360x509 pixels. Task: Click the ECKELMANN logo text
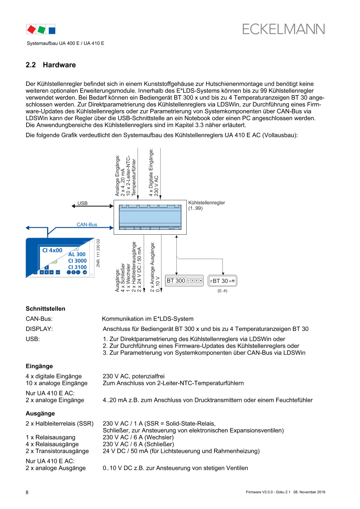[283, 29]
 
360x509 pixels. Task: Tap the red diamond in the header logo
[31, 29]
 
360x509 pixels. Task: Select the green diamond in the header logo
[42, 30]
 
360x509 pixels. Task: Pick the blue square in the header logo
[52, 30]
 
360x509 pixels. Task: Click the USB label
[82, 203]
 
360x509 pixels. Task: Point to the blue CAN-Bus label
[87, 225]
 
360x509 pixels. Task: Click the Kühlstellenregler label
[206, 203]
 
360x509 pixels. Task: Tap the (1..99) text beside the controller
[196, 209]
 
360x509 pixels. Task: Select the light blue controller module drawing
[150, 216]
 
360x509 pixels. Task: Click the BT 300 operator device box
[185, 281]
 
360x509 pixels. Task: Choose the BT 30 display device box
[222, 281]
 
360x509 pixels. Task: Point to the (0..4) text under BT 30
[222, 290]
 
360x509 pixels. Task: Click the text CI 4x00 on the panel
[52, 250]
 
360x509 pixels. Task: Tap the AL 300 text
[77, 254]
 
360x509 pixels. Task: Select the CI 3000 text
[77, 261]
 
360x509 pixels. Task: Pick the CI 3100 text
[77, 267]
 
